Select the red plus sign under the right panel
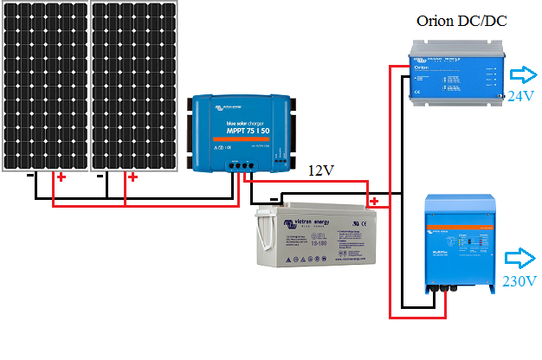pos(132,177)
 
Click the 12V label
pos(321,170)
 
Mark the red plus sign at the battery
pos(374,202)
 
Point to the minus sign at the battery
pos(274,199)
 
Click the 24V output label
pos(523,95)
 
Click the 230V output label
pos(520,281)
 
